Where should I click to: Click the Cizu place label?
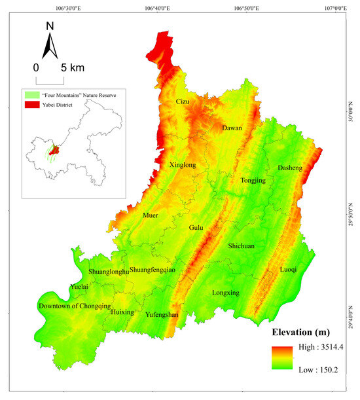[183, 101]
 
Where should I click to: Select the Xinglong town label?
[183, 166]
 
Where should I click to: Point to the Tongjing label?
[253, 181]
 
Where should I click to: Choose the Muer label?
[150, 215]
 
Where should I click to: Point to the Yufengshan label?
[162, 315]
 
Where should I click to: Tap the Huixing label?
[122, 312]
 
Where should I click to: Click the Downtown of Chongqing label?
[75, 306]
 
